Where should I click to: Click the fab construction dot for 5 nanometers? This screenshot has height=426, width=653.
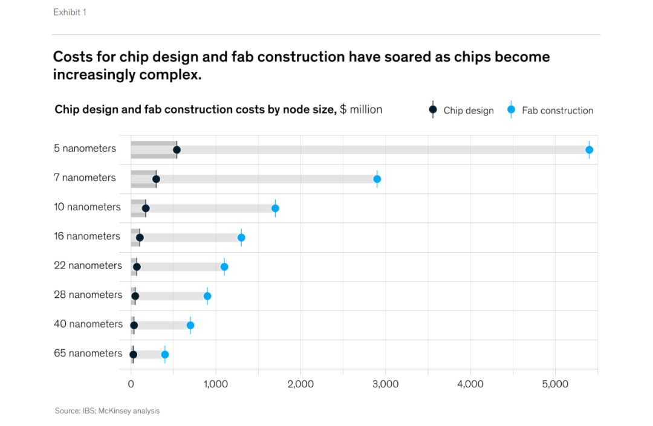tap(589, 150)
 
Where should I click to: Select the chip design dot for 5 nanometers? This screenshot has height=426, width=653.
tap(177, 150)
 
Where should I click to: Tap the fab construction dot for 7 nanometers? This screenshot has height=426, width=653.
tap(377, 179)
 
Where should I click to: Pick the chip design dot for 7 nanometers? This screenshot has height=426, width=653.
tap(156, 179)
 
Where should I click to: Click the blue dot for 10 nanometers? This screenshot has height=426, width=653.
tap(275, 208)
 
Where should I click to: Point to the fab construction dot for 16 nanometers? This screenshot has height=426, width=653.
tap(241, 237)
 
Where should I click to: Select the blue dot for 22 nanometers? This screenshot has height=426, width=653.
tap(224, 266)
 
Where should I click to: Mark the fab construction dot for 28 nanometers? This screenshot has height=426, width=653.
tap(207, 296)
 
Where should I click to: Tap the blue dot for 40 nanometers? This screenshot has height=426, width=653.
tap(190, 325)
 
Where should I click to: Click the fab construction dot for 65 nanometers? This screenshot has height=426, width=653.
tap(164, 355)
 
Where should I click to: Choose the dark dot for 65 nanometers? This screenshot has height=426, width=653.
tap(133, 355)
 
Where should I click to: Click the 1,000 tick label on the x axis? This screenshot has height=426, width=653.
tap(215, 384)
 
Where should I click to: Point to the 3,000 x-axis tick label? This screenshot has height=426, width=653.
tap(385, 384)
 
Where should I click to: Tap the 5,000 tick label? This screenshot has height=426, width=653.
tap(555, 384)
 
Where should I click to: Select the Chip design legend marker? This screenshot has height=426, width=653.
tap(433, 110)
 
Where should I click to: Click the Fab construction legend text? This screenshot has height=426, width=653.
tap(557, 111)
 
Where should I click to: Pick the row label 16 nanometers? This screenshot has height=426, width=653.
tap(87, 236)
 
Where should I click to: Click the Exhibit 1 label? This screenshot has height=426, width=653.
tap(70, 12)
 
